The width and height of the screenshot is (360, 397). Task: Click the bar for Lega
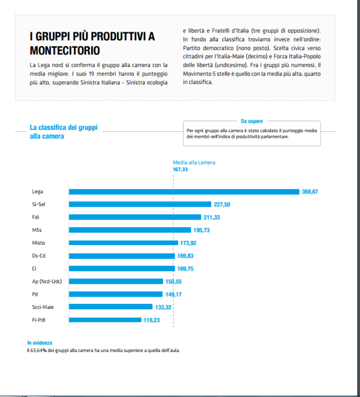[x=184, y=192]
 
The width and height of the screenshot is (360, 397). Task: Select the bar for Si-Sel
[x=140, y=204]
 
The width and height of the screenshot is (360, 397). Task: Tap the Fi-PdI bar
[x=105, y=320]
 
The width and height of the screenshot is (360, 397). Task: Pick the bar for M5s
[x=130, y=230]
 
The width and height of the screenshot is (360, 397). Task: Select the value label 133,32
[x=164, y=307]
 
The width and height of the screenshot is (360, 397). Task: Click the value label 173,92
[x=188, y=243]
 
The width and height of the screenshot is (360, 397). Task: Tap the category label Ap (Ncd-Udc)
[x=47, y=281]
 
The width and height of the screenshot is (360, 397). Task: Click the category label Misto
[x=38, y=243]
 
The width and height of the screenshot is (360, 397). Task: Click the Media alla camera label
[x=194, y=163]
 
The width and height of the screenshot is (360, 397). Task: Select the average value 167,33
[x=180, y=169]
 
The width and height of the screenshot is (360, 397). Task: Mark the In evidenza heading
[x=40, y=343]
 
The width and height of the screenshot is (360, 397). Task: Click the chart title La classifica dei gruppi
[x=64, y=127]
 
